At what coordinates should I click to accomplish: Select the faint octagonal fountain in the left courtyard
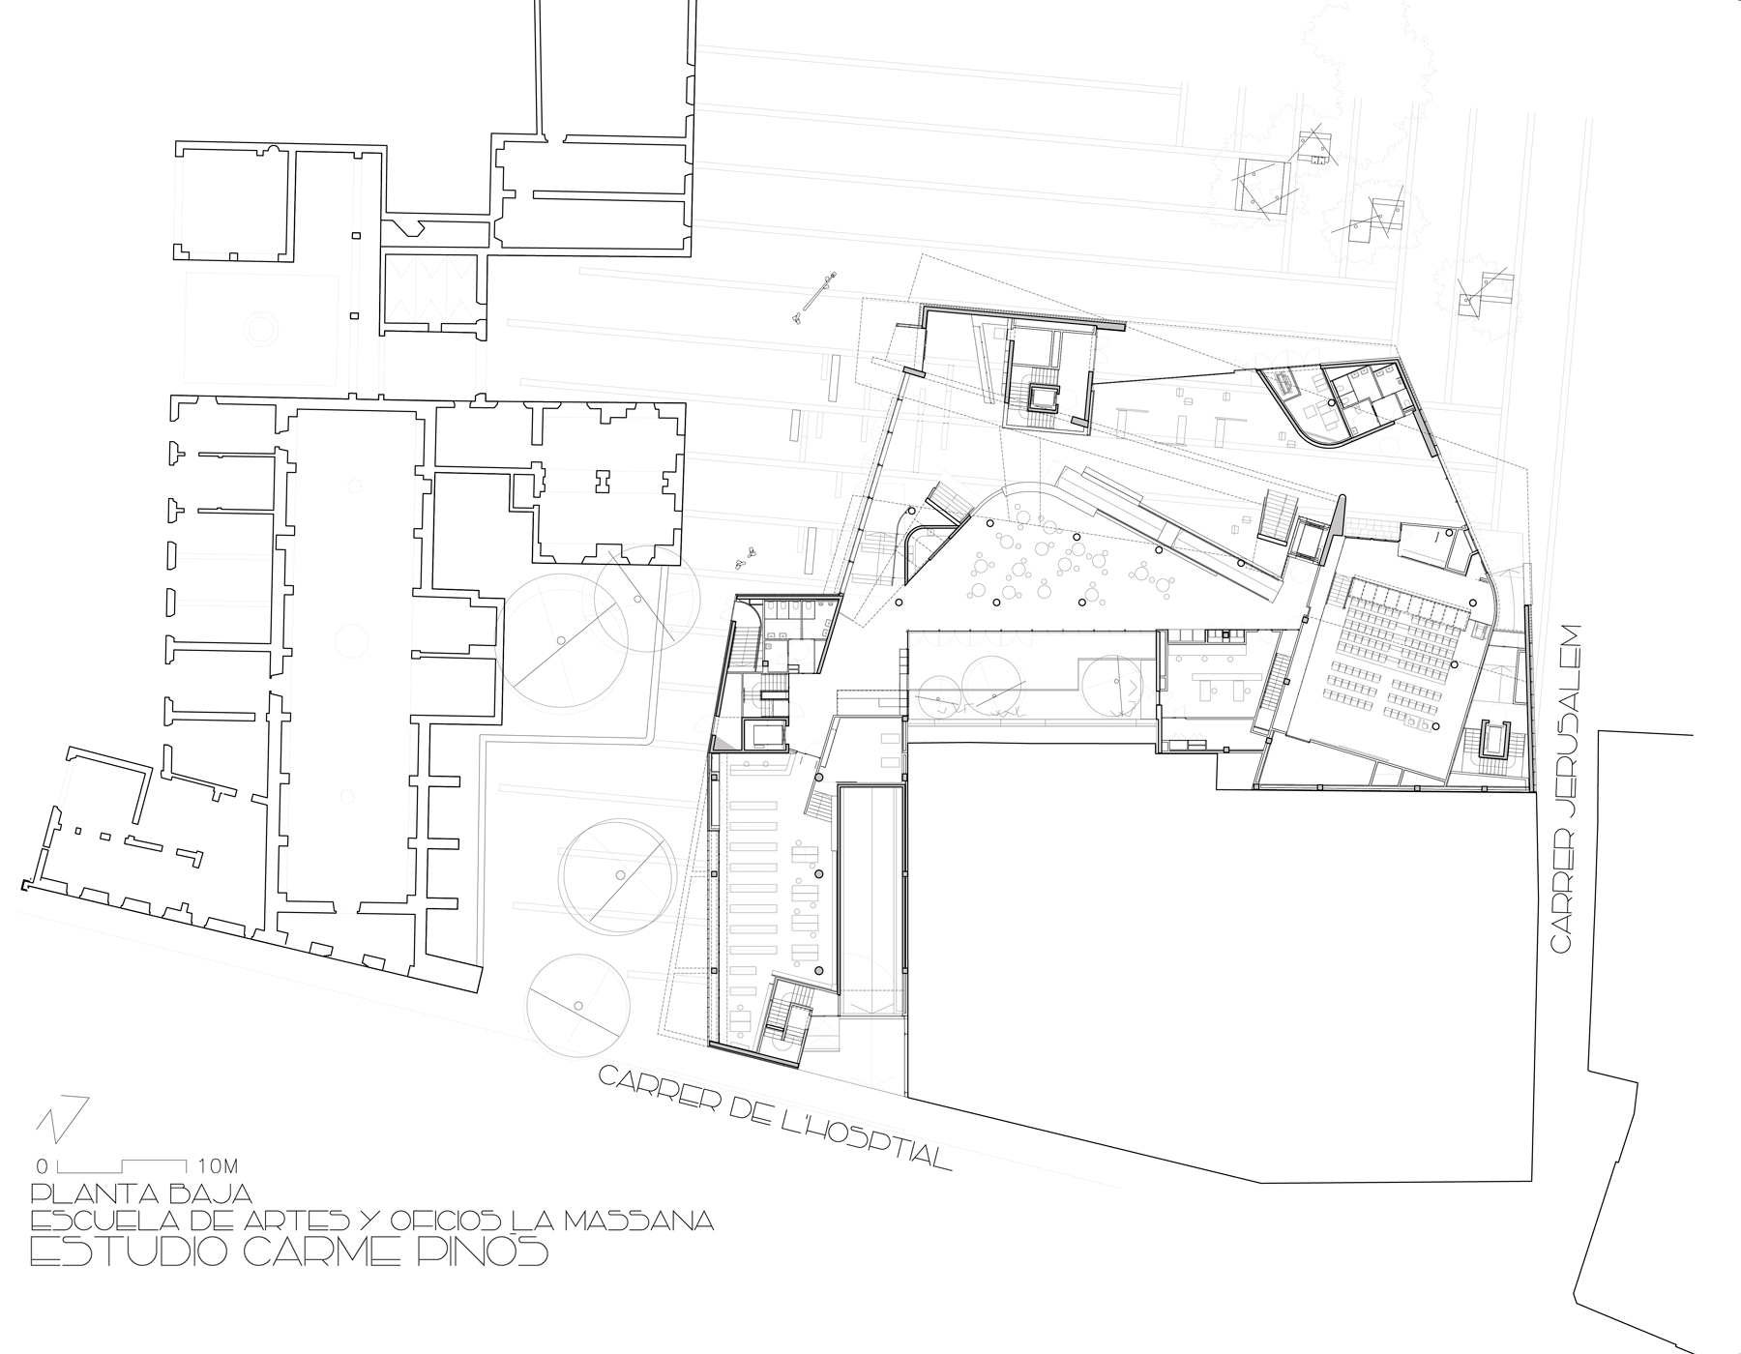[x=261, y=329]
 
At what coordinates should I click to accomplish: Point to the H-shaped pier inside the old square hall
[x=604, y=478]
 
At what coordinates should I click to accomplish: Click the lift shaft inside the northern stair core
[x=1043, y=397]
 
